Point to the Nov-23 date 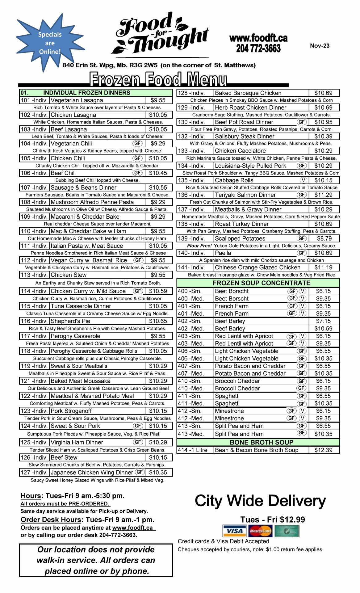[x=320, y=46]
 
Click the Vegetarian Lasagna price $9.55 [x=158, y=100]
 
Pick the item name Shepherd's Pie [x=70, y=321]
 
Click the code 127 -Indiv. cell [x=34, y=473]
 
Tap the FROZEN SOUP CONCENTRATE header [x=261, y=283]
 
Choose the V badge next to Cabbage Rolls [x=304, y=180]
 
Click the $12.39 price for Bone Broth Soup [x=323, y=450]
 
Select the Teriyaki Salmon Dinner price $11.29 [x=323, y=195]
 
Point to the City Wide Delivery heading [x=260, y=501]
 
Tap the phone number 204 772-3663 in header [x=258, y=48]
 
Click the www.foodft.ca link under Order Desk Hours [x=132, y=528]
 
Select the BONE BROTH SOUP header [x=261, y=442]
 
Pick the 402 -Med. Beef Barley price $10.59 [x=323, y=329]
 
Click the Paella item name [x=223, y=253]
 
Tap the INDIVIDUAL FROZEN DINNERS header [x=86, y=93]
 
